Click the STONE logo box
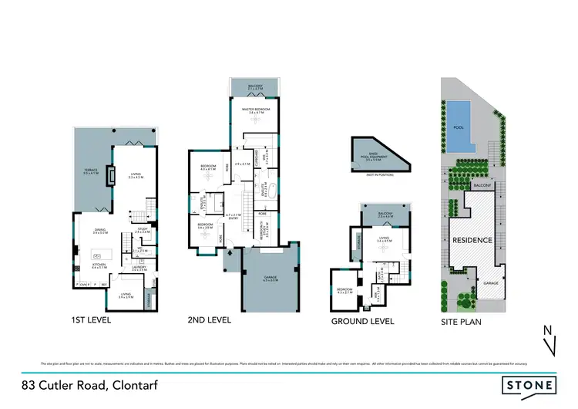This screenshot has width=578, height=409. tap(529, 384)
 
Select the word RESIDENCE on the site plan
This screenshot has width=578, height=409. tap(472, 240)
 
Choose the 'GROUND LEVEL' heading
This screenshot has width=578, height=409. tap(362, 321)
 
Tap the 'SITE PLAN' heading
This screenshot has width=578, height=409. tap(462, 321)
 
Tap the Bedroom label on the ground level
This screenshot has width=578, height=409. tap(344, 291)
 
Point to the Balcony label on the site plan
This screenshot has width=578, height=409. tap(482, 186)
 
